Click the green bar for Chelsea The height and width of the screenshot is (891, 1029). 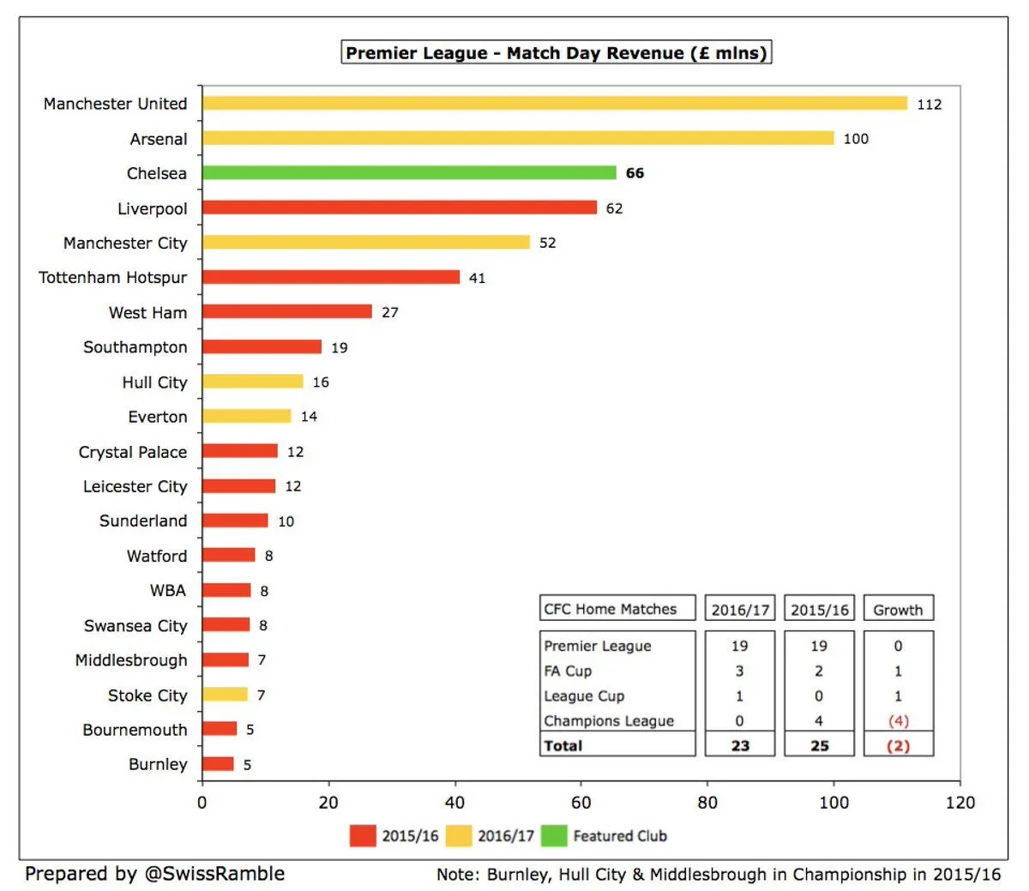click(409, 173)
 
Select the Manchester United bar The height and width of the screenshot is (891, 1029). click(554, 104)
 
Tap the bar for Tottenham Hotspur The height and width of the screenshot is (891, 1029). click(331, 277)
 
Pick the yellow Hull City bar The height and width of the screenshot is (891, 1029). click(253, 382)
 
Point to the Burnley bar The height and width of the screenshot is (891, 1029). click(218, 764)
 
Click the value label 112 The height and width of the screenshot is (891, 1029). click(929, 105)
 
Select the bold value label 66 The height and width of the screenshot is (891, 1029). click(635, 173)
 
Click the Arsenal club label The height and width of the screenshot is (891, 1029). click(159, 139)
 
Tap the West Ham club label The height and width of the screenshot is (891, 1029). click(147, 312)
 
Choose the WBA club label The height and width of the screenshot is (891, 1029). click(168, 590)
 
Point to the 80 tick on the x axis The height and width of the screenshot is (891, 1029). click(707, 803)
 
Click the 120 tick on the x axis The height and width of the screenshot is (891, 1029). click(960, 803)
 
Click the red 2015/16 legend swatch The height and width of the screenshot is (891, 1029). click(363, 835)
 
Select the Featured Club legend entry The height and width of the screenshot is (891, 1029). click(619, 835)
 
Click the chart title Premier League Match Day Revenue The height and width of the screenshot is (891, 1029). click(556, 53)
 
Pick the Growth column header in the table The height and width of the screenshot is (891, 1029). click(898, 610)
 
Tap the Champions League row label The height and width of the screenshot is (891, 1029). click(609, 720)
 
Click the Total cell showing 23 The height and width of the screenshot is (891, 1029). click(740, 745)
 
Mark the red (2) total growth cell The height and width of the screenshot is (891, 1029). click(898, 745)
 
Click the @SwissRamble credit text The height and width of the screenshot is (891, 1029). click(214, 874)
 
